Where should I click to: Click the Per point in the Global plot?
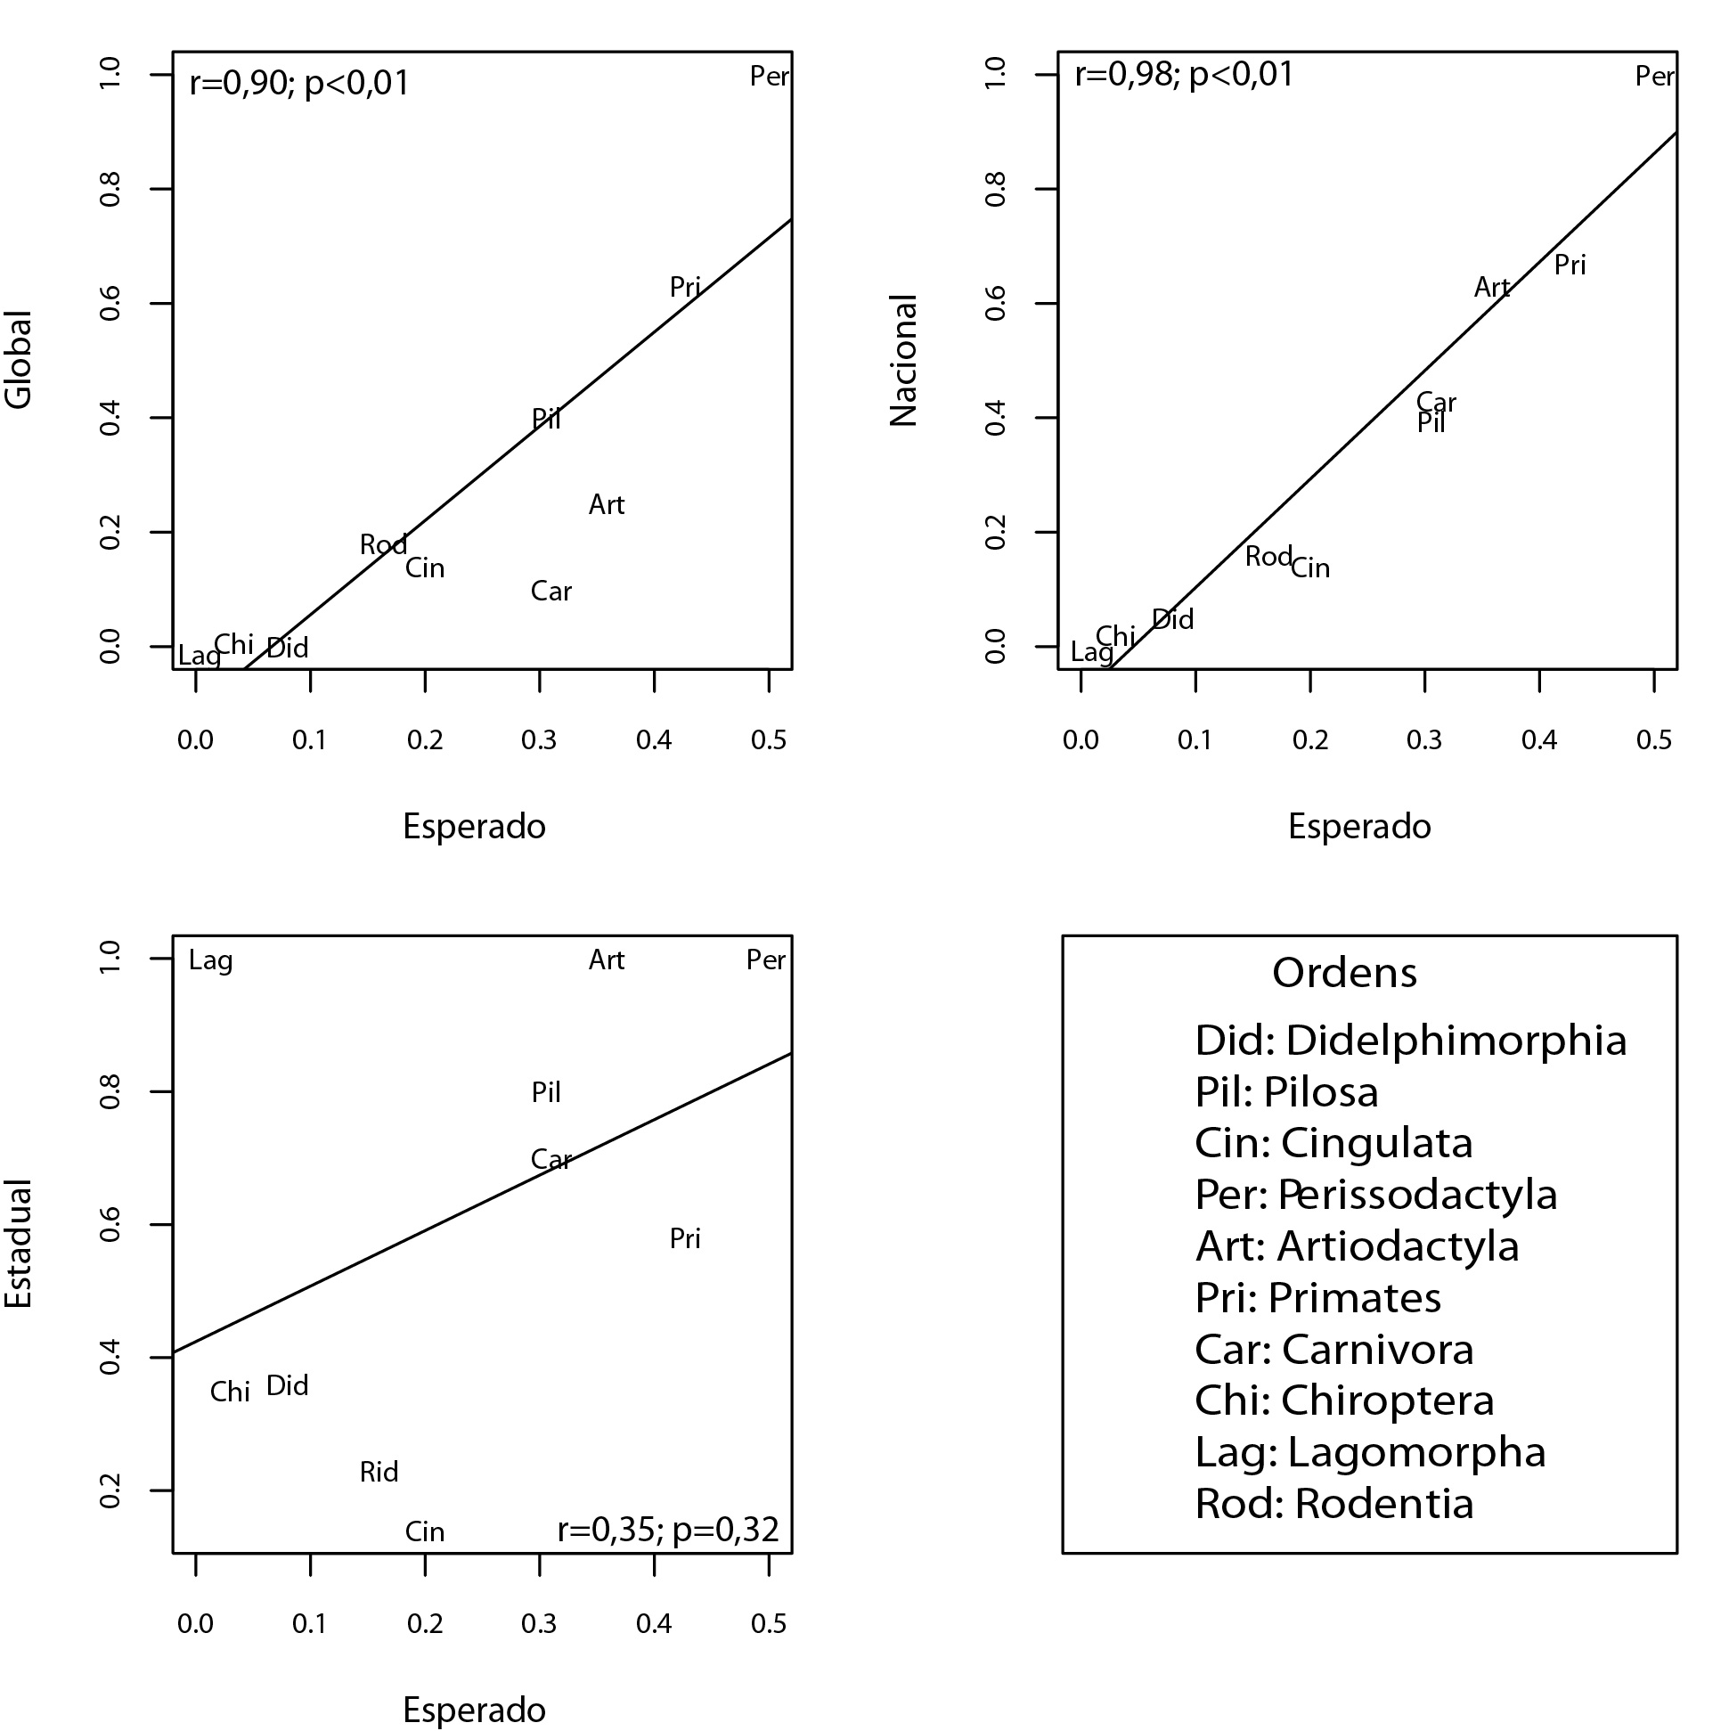point(769,76)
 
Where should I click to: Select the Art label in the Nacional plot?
point(1491,288)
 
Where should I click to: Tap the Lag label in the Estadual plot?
point(210,960)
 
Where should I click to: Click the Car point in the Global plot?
point(551,592)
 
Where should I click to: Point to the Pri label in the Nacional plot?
point(1570,265)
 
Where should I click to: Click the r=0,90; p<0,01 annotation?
point(299,84)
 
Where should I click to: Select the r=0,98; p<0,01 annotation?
point(1185,74)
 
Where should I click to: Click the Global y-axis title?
point(20,360)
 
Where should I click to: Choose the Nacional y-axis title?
point(904,360)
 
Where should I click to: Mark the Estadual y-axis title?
point(20,1245)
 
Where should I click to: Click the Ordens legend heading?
point(1344,973)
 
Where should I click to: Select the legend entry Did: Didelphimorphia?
point(1410,1041)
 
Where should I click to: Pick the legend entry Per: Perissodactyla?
point(1376,1196)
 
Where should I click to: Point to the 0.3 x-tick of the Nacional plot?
point(1424,740)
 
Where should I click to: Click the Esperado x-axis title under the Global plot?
point(474,826)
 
